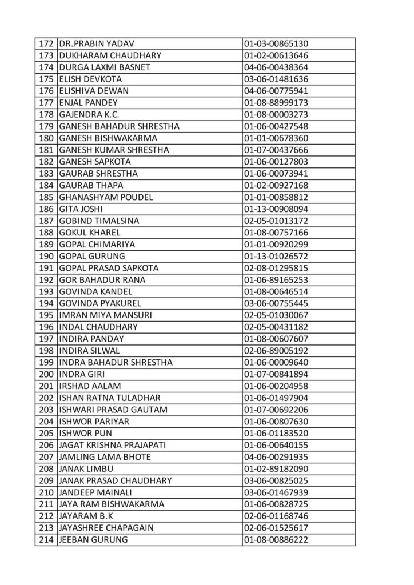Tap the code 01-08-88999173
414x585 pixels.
pyautogui.click(x=276, y=103)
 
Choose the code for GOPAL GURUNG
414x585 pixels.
pyautogui.click(x=276, y=257)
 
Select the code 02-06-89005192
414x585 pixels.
pyautogui.click(x=276, y=351)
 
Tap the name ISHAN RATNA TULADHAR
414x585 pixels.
pyautogui.click(x=109, y=398)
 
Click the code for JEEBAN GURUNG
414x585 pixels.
pyautogui.click(x=276, y=540)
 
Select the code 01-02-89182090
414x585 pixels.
pyautogui.click(x=276, y=469)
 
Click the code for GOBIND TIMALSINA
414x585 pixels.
pyautogui.click(x=276, y=221)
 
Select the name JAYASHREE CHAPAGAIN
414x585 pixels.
pyautogui.click(x=106, y=528)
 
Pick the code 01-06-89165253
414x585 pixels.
pyautogui.click(x=276, y=280)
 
